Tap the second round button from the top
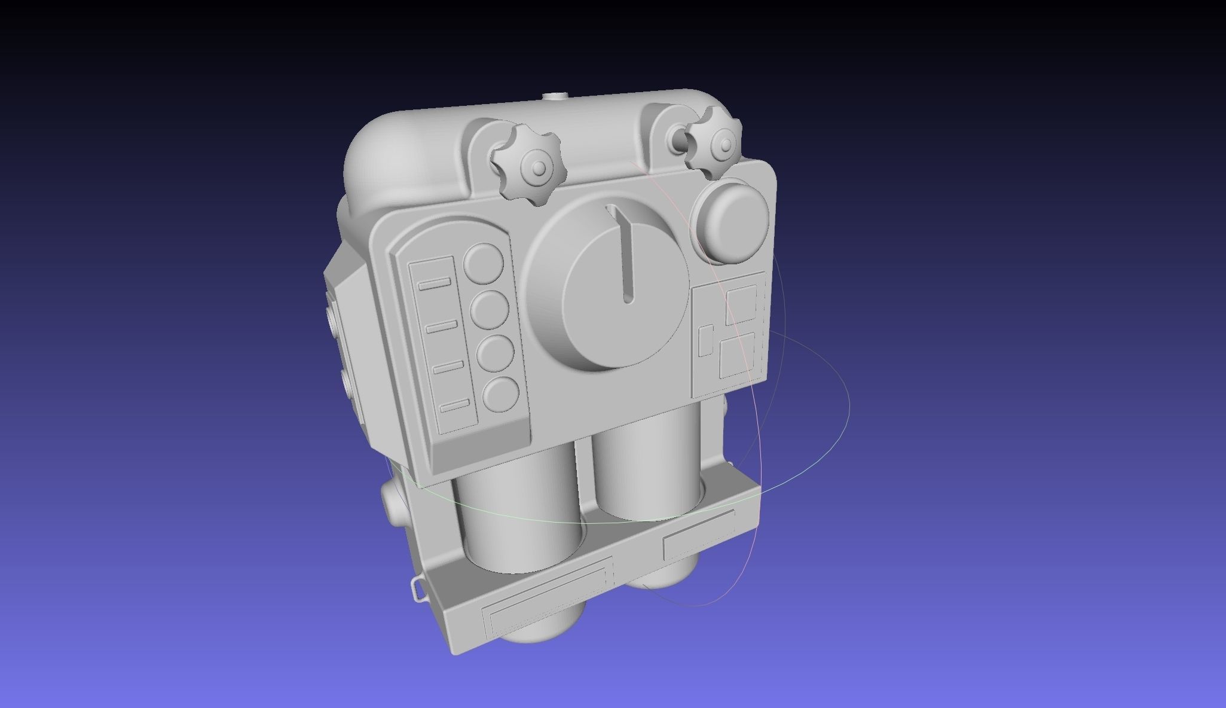point(489,310)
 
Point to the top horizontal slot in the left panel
point(435,283)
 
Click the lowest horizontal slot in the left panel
point(454,407)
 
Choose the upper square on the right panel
point(741,304)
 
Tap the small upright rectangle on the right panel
point(706,340)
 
